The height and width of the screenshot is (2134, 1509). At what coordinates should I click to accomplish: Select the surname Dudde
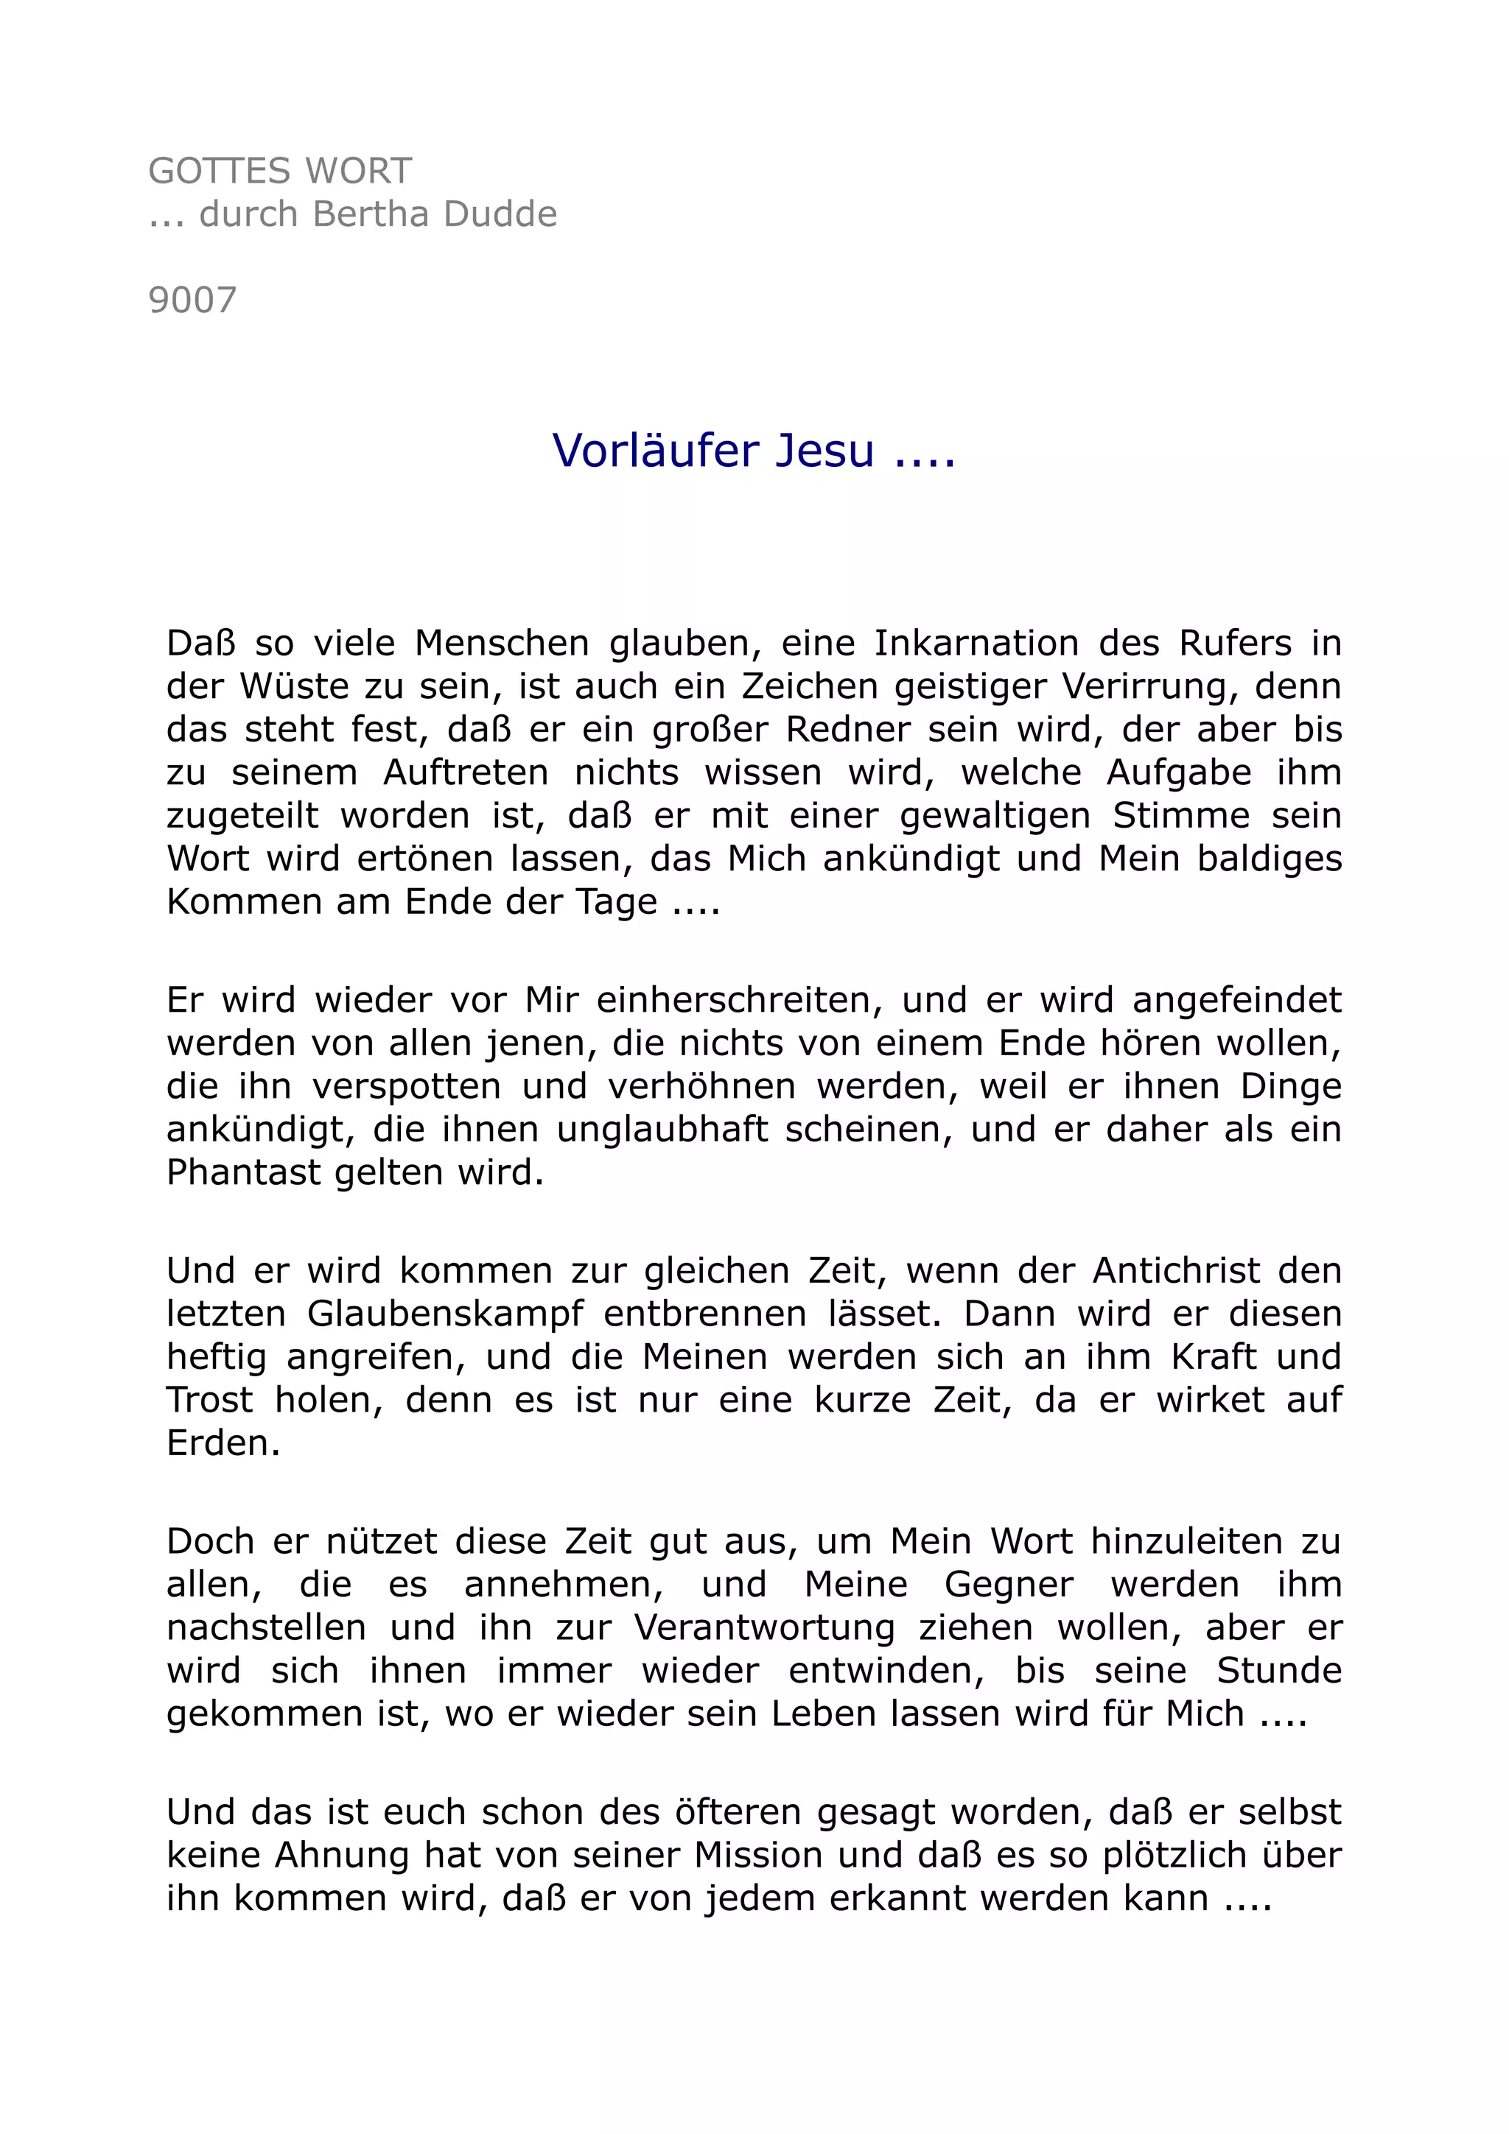click(x=500, y=215)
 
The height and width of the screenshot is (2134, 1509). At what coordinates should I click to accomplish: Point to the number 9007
click(x=192, y=301)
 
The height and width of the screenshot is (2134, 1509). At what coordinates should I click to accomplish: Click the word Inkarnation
click(x=976, y=643)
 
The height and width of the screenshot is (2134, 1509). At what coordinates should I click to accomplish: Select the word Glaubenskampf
click(x=444, y=1314)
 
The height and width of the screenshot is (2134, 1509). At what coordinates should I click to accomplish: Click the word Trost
click(x=209, y=1401)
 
